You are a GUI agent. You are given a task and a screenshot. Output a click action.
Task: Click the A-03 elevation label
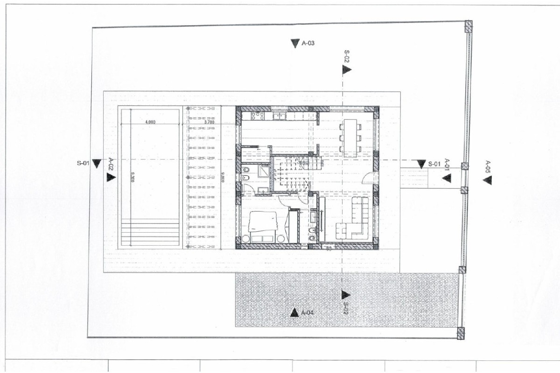(x=308, y=43)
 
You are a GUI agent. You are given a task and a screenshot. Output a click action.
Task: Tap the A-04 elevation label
(x=307, y=312)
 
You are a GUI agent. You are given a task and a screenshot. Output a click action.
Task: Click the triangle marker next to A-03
(x=294, y=43)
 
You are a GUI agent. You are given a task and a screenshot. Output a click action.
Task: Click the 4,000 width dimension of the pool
(x=150, y=122)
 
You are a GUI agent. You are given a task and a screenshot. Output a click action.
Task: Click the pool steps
(x=150, y=232)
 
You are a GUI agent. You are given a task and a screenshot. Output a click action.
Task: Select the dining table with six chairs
(x=350, y=136)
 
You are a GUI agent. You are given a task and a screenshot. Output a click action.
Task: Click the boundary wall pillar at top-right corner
(x=468, y=26)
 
